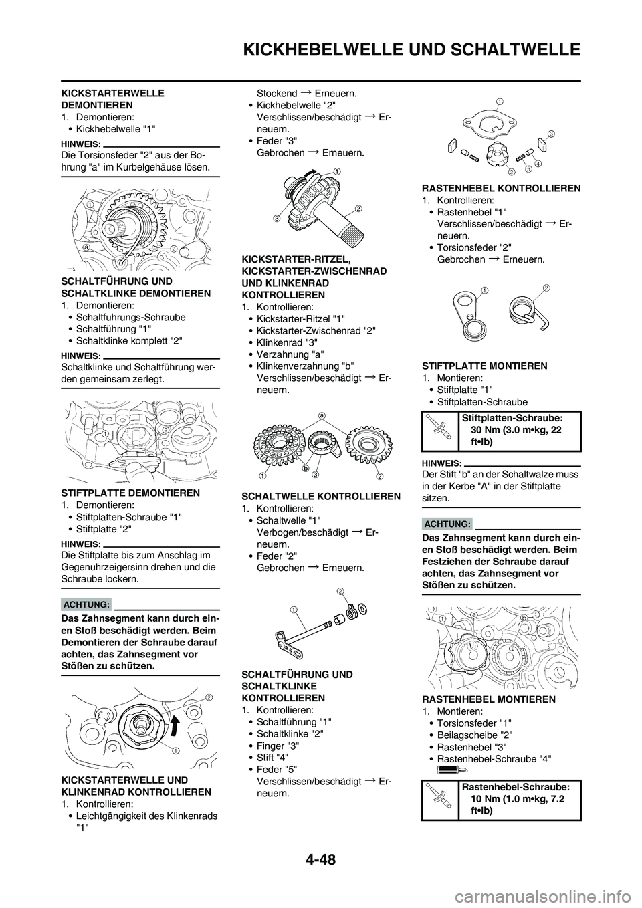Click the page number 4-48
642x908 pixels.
pos(321,855)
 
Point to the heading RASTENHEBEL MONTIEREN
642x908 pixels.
pos(488,699)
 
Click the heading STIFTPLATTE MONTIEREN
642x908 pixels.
pos(485,366)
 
